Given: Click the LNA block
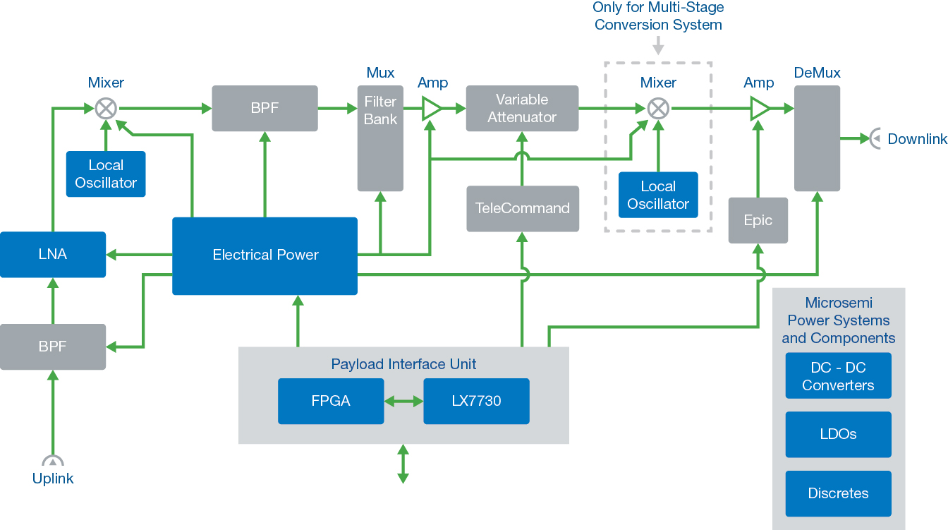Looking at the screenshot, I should click(53, 255).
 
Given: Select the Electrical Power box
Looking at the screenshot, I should click(265, 255).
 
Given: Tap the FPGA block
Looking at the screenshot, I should click(330, 401).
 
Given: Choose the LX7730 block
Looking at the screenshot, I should click(476, 401).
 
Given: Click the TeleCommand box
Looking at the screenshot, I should click(523, 208).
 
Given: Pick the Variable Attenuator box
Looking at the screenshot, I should click(522, 109).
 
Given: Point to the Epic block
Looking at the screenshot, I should click(758, 220).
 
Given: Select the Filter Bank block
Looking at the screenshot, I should click(380, 138).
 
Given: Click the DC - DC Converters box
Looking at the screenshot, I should click(838, 376).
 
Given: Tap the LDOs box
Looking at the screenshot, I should click(838, 435).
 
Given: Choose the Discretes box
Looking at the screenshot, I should click(838, 493).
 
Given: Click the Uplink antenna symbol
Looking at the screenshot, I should click(53, 461).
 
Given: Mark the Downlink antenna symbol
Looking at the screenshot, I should click(875, 139).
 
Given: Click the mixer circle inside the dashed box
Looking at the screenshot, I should click(658, 109).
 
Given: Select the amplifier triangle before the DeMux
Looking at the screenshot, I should click(759, 109).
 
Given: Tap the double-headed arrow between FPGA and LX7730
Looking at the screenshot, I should click(403, 401).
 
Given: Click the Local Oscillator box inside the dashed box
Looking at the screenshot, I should click(658, 195).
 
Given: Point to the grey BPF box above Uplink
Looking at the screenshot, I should click(53, 347).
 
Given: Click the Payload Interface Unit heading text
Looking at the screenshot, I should click(403, 364).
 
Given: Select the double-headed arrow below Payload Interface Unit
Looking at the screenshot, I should click(403, 464).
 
